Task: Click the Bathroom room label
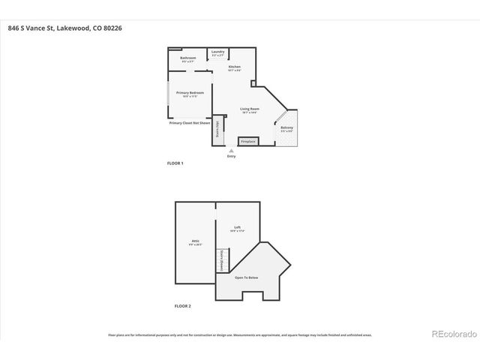coord(188,58)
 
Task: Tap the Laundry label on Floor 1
coord(218,52)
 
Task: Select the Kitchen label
coord(234,67)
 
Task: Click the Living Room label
coord(249,109)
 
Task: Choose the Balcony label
coord(287,127)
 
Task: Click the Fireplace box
coord(248,141)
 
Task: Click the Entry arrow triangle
coord(230,150)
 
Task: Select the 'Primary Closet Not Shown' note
coord(188,121)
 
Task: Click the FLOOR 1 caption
coord(175,163)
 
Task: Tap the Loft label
coord(237,228)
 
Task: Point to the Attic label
coord(194,241)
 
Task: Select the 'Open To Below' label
coord(246,277)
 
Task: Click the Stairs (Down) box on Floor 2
coord(221,260)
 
